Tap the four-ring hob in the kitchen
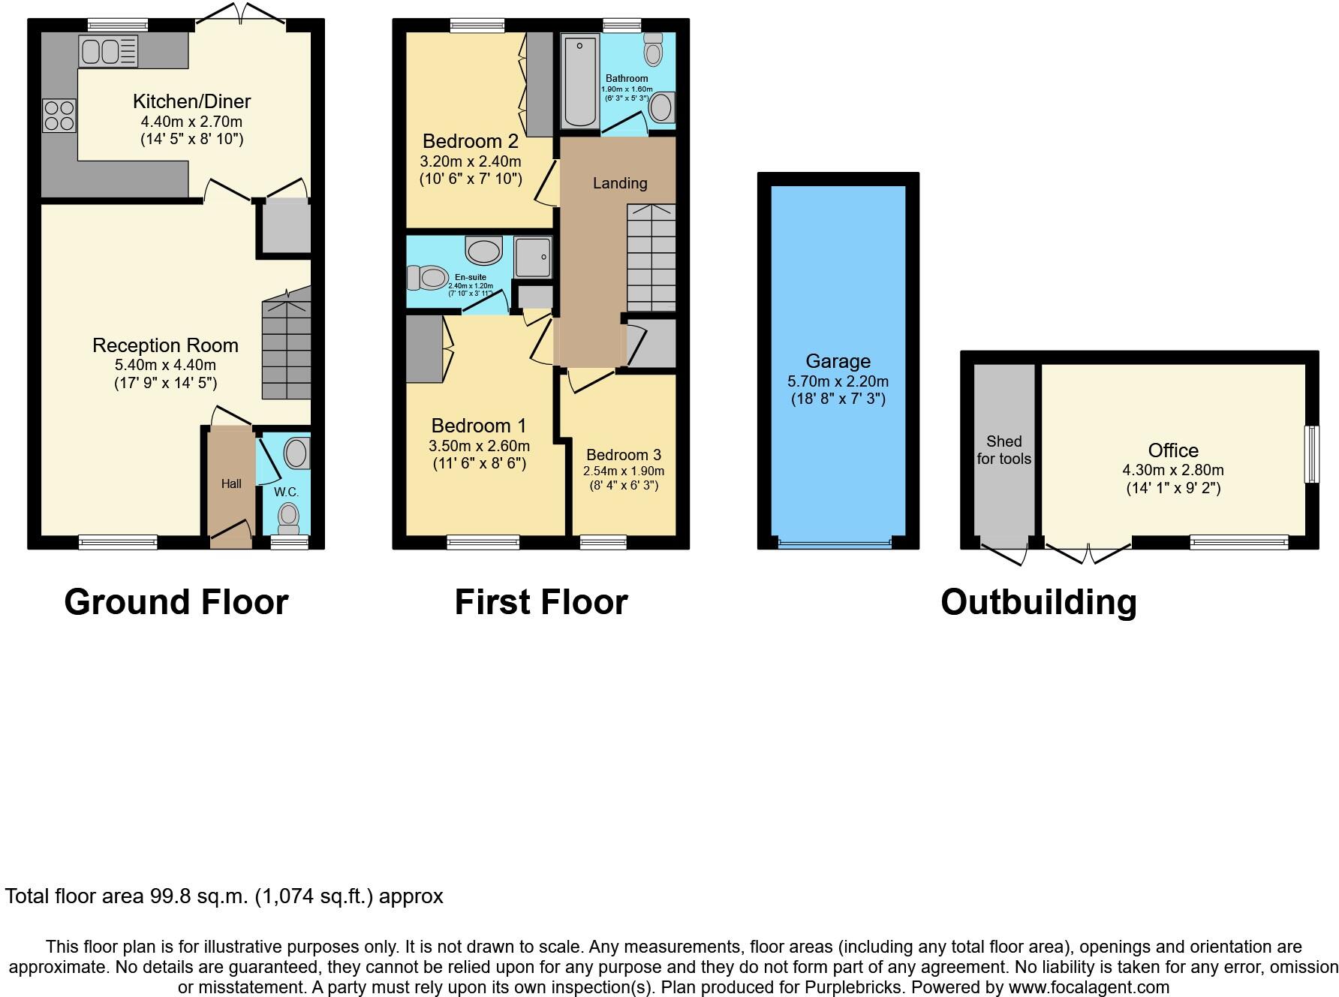[x=59, y=116]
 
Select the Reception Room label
[x=165, y=345]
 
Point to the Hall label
[x=231, y=484]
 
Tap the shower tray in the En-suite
[x=533, y=257]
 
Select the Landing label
[x=619, y=183]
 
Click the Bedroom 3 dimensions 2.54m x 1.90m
[x=624, y=471]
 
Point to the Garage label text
[x=838, y=361]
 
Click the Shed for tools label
[x=1003, y=450]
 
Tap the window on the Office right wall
[x=1311, y=454]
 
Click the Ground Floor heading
[x=176, y=602]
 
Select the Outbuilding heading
[x=1038, y=602]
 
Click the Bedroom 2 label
[x=470, y=141]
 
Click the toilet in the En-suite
[x=426, y=278]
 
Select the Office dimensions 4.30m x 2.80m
[x=1172, y=471]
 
